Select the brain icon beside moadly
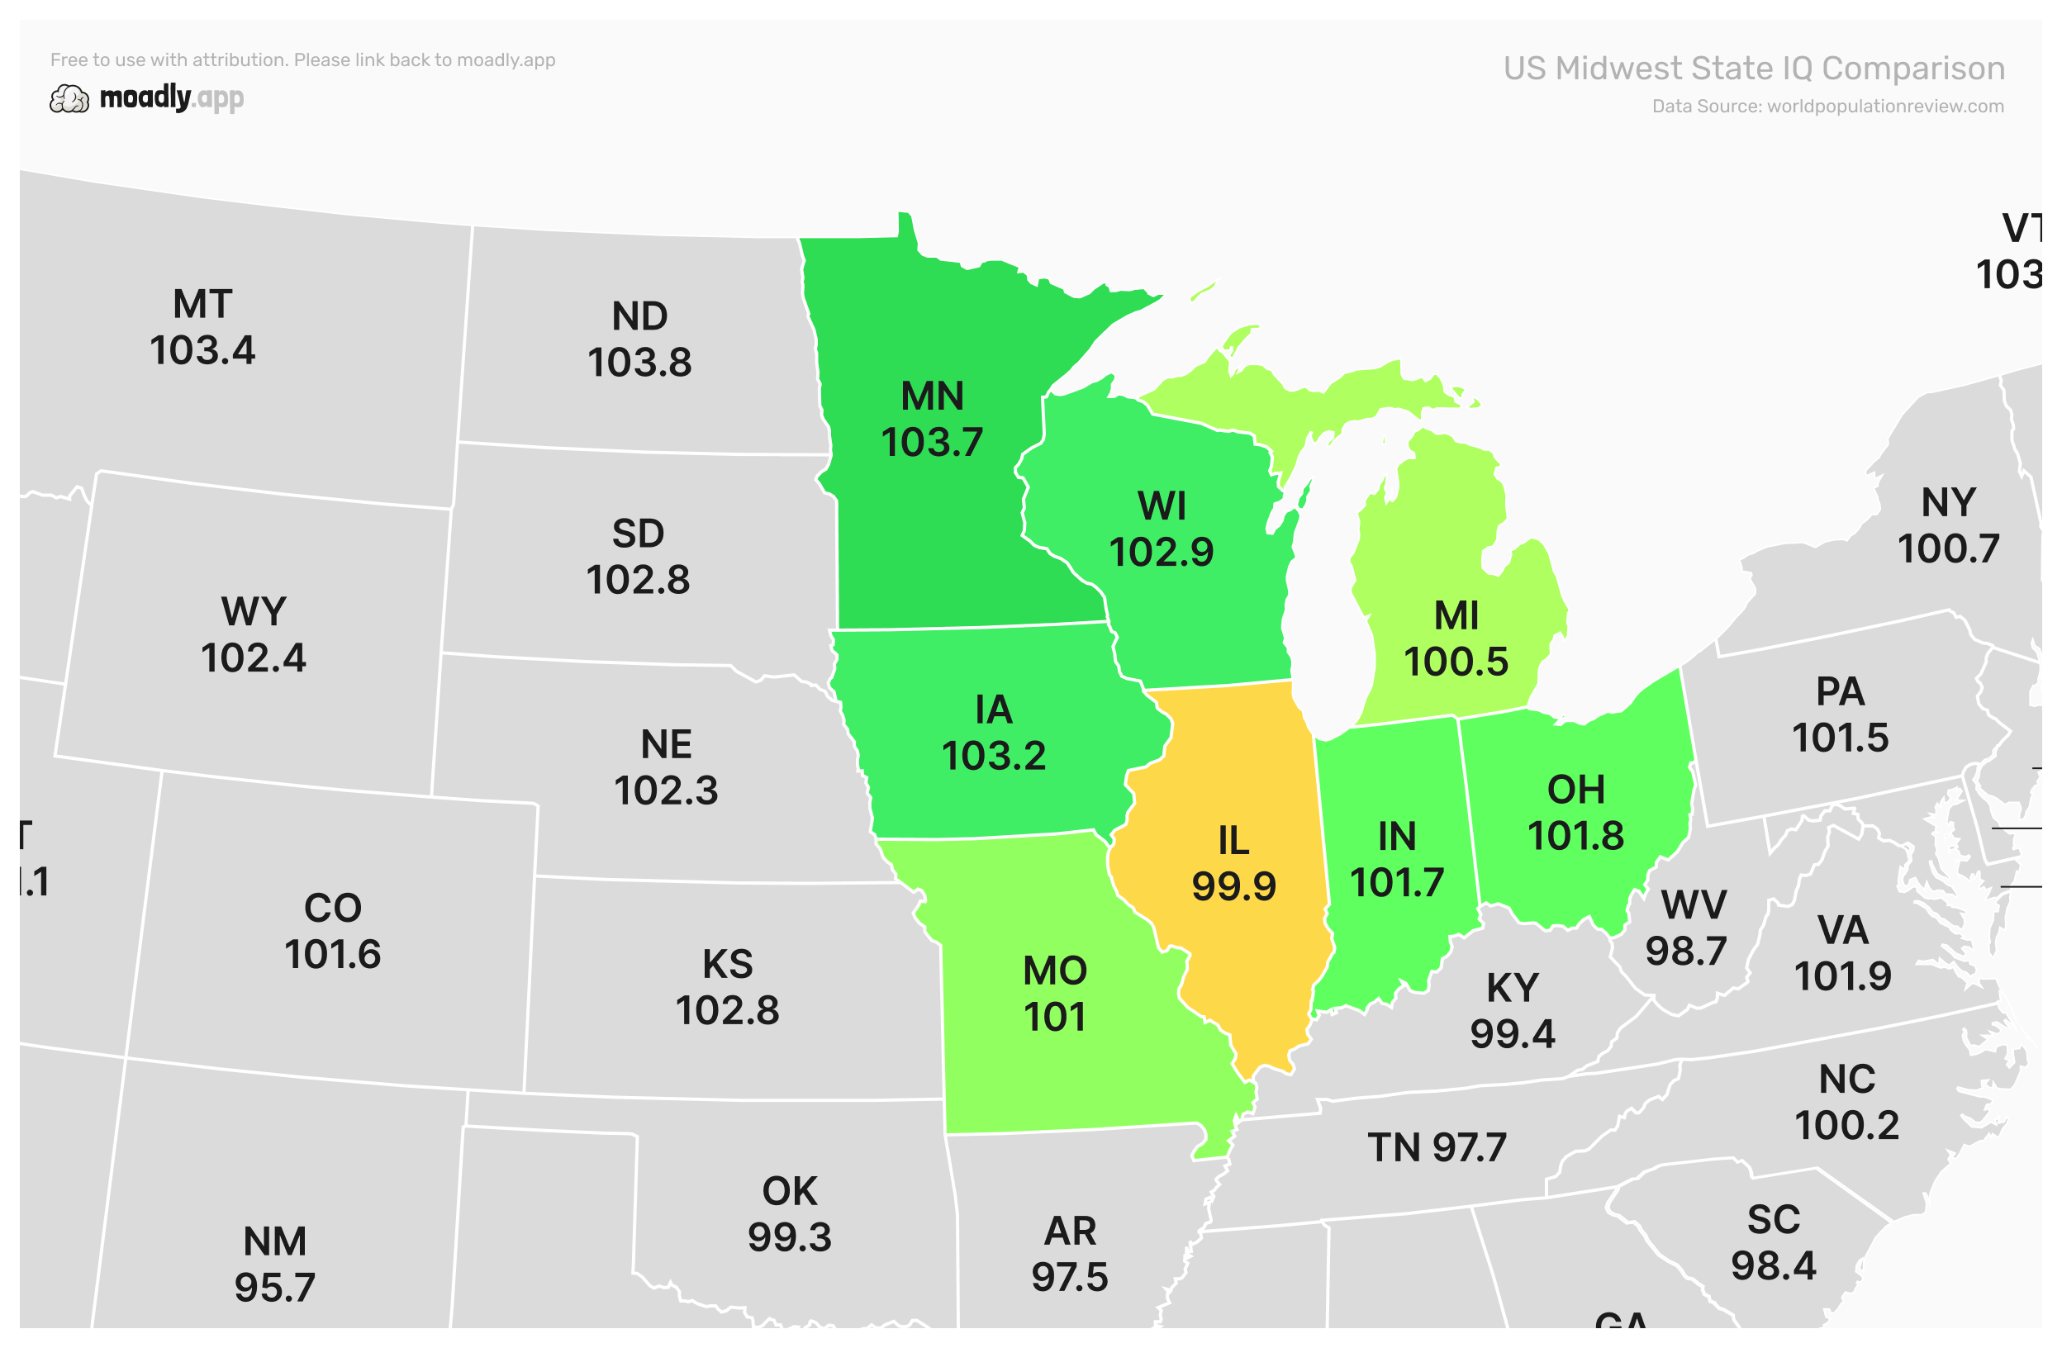[x=69, y=100]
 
